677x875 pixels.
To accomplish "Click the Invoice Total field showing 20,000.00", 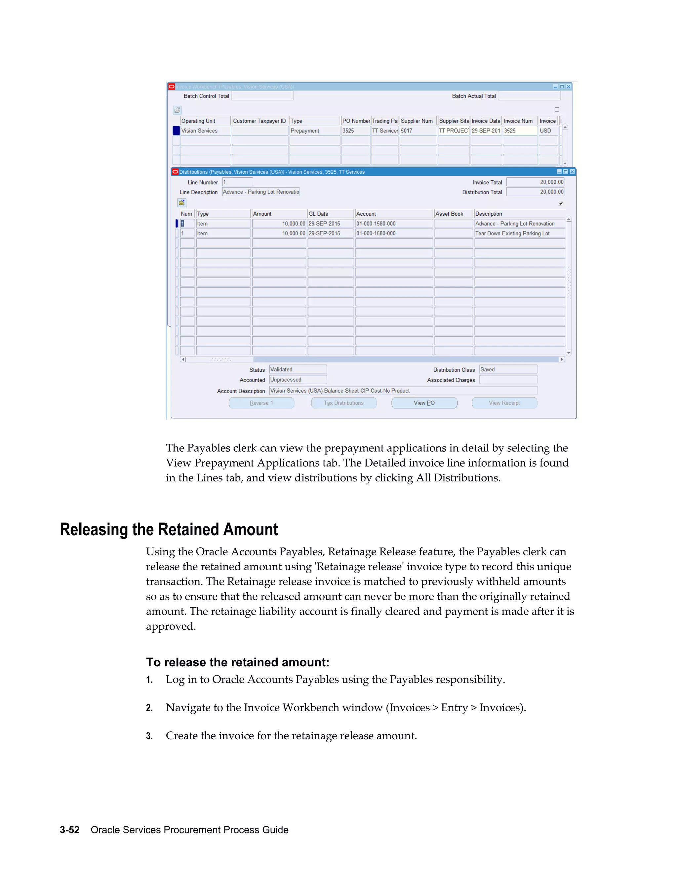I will pos(535,182).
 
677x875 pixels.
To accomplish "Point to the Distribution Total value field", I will pos(535,192).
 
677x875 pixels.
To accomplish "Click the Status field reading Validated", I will pos(298,369).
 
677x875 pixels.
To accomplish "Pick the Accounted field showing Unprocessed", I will pos(298,379).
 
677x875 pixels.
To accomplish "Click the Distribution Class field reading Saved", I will pos(508,369).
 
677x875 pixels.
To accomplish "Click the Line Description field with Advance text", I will pos(261,192).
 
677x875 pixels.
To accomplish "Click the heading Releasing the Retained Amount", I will pos(169,529).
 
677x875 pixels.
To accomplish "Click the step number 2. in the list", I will pos(149,708).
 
